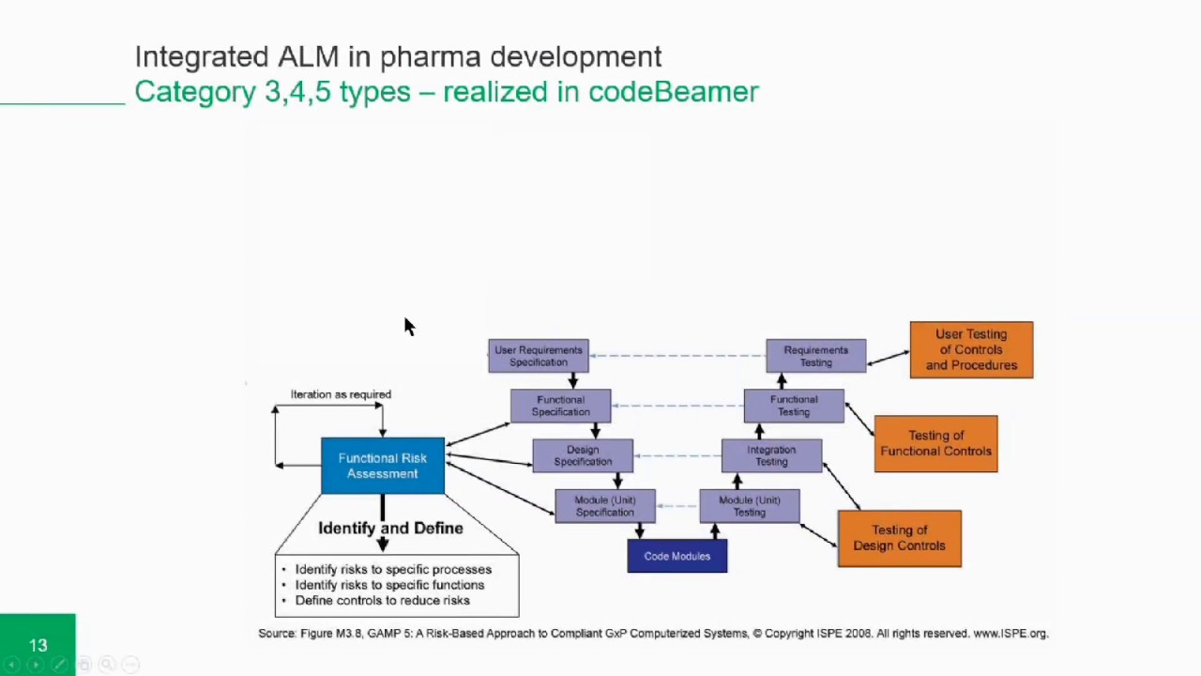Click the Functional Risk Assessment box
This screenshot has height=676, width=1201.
pyautogui.click(x=383, y=466)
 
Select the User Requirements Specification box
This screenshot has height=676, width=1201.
pyautogui.click(x=539, y=356)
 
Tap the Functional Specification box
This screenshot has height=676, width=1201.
pyautogui.click(x=561, y=406)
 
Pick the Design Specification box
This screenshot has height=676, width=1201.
pyautogui.click(x=583, y=455)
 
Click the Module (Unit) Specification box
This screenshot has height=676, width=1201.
pyautogui.click(x=605, y=506)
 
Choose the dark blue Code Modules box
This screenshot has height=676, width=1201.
pyautogui.click(x=677, y=556)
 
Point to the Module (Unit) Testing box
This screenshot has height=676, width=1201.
pyautogui.click(x=750, y=506)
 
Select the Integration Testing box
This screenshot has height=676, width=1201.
pyautogui.click(x=771, y=455)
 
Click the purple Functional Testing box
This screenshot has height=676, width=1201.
pyautogui.click(x=794, y=406)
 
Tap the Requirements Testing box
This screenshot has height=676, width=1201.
pyautogui.click(x=816, y=356)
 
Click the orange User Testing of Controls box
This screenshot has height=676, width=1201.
pyautogui.click(x=971, y=349)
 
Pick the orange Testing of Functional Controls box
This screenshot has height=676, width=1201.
pyautogui.click(x=935, y=443)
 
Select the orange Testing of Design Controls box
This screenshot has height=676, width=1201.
pyautogui.click(x=899, y=538)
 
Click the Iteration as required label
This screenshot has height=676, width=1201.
pyautogui.click(x=341, y=394)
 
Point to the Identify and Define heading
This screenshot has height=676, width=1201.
pyautogui.click(x=390, y=529)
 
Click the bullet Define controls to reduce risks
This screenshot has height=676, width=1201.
pyautogui.click(x=382, y=601)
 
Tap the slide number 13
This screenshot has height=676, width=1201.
pyautogui.click(x=38, y=645)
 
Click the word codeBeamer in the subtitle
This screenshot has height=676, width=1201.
pyautogui.click(x=673, y=92)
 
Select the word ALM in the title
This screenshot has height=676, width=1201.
pyautogui.click(x=308, y=56)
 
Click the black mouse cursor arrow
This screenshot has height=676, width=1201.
pyautogui.click(x=408, y=326)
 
